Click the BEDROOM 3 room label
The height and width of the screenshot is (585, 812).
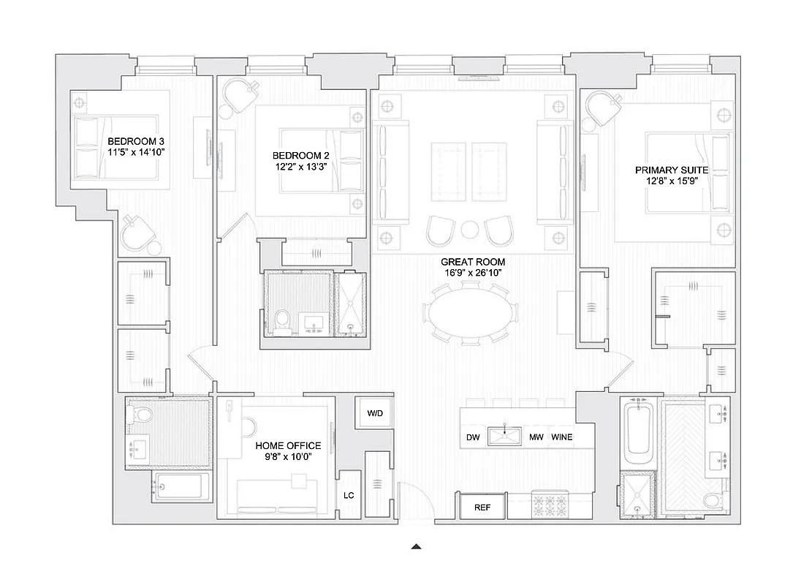tap(136, 141)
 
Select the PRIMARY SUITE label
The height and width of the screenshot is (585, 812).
tap(671, 170)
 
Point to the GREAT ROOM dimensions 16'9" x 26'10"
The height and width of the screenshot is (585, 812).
tap(473, 273)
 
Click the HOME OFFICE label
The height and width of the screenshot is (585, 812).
tap(288, 445)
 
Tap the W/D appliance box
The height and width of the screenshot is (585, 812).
tap(375, 413)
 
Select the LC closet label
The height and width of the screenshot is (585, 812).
tap(349, 495)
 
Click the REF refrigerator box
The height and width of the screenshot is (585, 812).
tap(482, 507)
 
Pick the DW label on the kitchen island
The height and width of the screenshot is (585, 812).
tap(473, 437)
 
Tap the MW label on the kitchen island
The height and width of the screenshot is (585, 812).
tap(536, 437)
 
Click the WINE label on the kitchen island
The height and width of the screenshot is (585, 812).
tap(562, 437)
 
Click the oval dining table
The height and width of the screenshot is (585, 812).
tap(472, 314)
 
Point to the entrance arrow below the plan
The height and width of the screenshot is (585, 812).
tap(416, 546)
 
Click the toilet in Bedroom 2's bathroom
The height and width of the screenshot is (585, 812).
tap(283, 320)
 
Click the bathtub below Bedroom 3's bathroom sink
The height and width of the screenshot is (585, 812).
tap(180, 486)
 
